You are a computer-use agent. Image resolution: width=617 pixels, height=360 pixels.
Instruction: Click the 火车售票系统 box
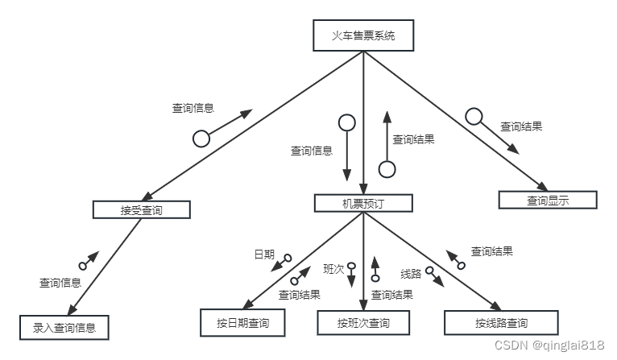(x=363, y=35)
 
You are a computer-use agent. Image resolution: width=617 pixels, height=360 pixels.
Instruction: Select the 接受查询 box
(x=141, y=210)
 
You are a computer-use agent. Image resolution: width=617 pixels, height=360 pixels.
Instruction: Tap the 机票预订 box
(x=362, y=204)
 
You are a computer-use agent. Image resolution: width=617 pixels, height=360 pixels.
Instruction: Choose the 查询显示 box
(x=548, y=201)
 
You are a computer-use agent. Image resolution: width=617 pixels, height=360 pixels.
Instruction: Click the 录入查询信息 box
(x=64, y=328)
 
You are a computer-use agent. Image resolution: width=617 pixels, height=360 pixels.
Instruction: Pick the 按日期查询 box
(x=242, y=323)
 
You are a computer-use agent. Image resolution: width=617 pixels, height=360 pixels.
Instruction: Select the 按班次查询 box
(x=363, y=323)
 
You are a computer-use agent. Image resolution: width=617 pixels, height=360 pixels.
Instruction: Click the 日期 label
(x=264, y=254)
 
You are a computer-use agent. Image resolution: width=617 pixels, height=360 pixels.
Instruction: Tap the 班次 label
(x=333, y=267)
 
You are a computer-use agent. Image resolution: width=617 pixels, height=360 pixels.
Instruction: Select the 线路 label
(x=411, y=273)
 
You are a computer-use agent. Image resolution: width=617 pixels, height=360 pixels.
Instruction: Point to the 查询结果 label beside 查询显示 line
(x=521, y=126)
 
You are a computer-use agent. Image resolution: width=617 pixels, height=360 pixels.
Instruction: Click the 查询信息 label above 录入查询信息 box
(x=60, y=283)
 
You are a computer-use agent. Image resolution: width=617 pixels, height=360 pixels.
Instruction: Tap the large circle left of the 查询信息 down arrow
(x=346, y=122)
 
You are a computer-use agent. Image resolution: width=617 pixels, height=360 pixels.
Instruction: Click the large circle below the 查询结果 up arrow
(x=387, y=169)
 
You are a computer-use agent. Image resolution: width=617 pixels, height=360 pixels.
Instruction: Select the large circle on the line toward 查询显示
(x=474, y=116)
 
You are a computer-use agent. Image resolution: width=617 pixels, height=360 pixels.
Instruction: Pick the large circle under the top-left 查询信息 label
(x=201, y=139)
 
